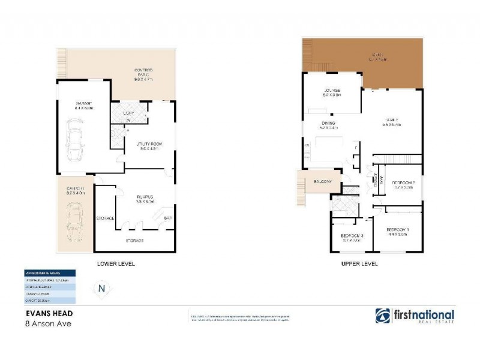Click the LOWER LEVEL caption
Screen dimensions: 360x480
[x=116, y=263]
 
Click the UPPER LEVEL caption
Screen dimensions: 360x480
[x=359, y=263]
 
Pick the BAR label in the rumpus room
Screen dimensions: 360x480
[x=168, y=218]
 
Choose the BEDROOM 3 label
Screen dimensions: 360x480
[x=352, y=235]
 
